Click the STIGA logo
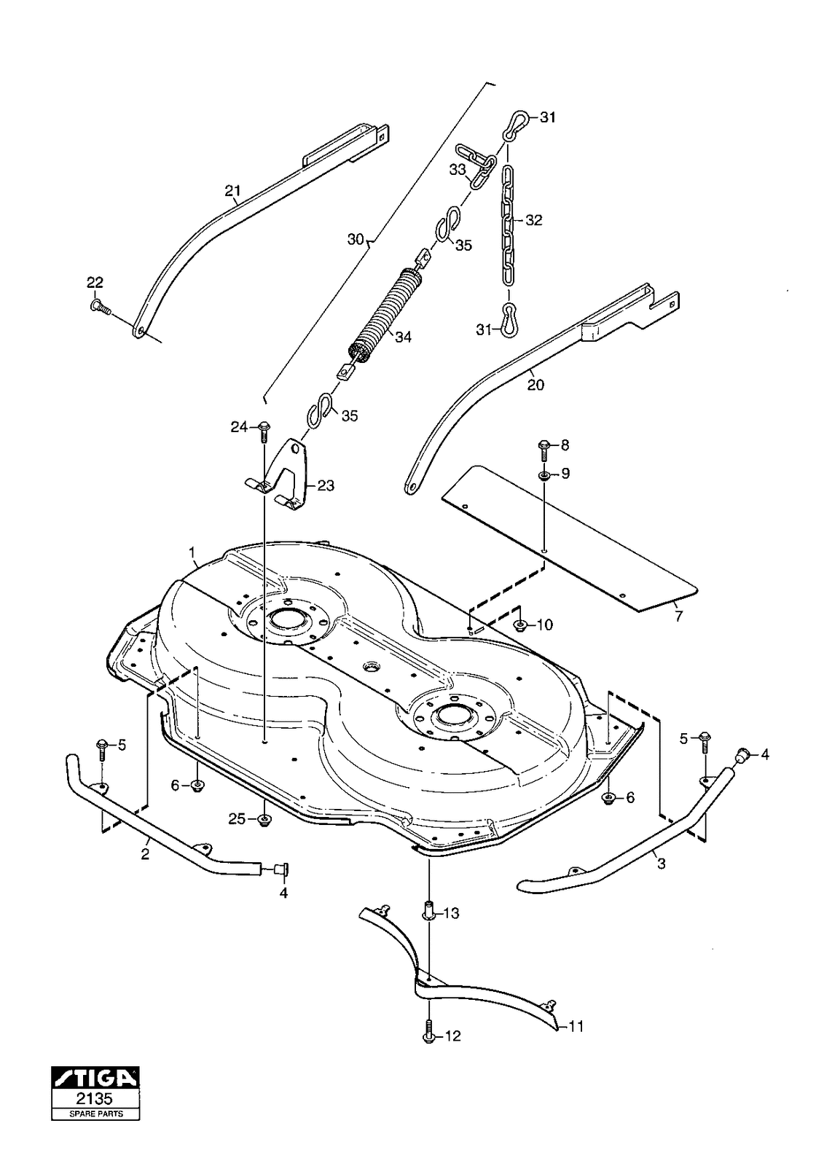coord(95,1077)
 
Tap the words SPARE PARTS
coord(95,1114)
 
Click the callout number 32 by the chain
coord(533,220)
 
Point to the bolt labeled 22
coord(100,308)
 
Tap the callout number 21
coord(232,191)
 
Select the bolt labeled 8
coord(544,449)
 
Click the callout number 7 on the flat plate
coord(679,616)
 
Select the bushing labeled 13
coord(429,911)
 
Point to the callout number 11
coord(576,1027)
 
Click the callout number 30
coord(355,239)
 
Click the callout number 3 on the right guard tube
coord(661,864)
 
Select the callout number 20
coord(535,385)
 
